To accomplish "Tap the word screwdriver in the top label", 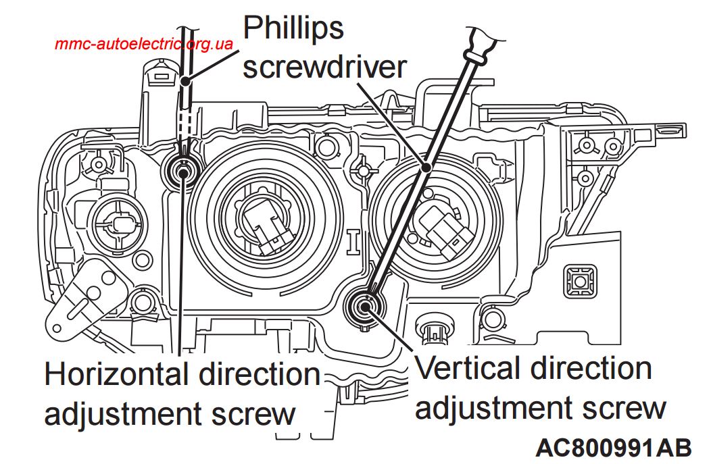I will (x=324, y=68).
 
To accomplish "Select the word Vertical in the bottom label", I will (x=469, y=369).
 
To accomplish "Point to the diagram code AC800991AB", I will (x=614, y=447).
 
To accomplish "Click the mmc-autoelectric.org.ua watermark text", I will (x=144, y=45).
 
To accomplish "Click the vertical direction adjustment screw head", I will (x=366, y=307).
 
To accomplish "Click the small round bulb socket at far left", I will (x=115, y=220).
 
